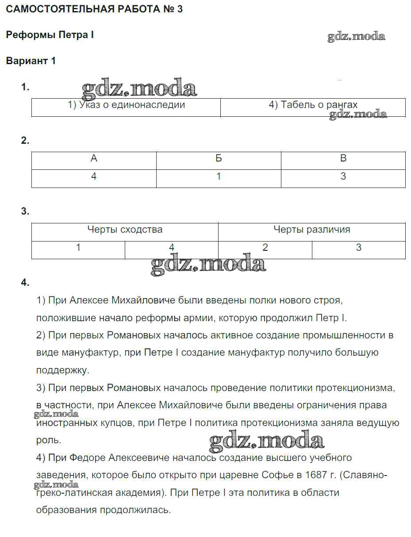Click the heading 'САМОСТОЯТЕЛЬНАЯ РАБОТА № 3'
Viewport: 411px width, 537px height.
94,9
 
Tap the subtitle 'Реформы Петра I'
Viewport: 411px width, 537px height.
50,35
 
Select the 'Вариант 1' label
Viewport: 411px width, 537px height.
31,61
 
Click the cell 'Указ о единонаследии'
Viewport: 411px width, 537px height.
126,105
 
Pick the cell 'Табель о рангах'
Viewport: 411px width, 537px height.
313,105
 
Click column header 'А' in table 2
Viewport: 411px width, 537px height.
94,158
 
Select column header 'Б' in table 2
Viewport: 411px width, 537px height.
219,158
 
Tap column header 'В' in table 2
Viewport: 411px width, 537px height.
343,158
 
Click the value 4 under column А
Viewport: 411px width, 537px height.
94,176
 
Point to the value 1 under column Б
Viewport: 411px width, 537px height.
219,176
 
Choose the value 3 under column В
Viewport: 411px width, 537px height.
343,176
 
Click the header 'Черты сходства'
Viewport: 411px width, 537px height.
125,230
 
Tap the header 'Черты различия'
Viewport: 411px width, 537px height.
312,230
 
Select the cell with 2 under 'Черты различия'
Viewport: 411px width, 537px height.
265,248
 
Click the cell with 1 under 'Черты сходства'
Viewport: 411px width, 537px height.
78,248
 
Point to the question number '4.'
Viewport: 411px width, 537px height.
25,282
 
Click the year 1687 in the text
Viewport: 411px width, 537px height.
317,475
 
